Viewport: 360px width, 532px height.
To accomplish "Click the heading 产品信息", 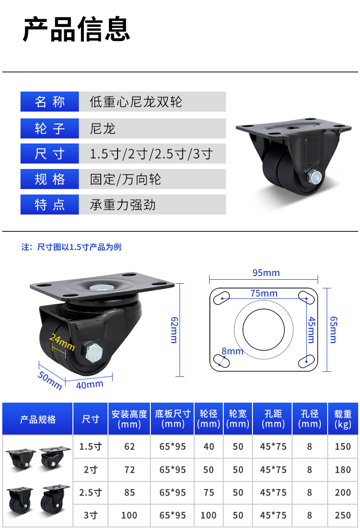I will (x=77, y=30).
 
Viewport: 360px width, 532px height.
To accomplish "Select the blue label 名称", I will (x=50, y=102).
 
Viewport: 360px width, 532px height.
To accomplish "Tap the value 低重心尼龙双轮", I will (x=136, y=102).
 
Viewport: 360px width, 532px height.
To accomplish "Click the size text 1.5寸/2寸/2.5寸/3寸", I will (x=151, y=154).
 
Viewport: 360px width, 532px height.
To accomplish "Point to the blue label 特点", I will (x=50, y=205).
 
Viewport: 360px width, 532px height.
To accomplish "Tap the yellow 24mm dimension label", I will (x=62, y=342).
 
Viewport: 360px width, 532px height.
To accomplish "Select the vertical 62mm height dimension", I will (x=174, y=330).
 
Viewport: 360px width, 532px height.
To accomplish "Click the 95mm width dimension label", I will (x=266, y=273).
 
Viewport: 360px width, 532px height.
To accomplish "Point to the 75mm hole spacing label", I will (x=264, y=293).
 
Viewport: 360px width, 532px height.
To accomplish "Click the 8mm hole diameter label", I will (x=232, y=351).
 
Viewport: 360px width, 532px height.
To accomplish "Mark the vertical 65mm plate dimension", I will (x=333, y=329).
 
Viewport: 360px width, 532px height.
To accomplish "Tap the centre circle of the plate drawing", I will (x=263, y=329).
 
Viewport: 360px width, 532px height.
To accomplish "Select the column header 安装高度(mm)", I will (x=129, y=419).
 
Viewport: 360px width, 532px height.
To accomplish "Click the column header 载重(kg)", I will (x=343, y=419).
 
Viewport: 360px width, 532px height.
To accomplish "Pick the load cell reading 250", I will (x=343, y=516).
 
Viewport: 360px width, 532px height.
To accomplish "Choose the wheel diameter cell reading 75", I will (x=209, y=492).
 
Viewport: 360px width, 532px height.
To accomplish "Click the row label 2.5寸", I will (x=90, y=492).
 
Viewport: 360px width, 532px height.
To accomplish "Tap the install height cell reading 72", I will (x=129, y=470).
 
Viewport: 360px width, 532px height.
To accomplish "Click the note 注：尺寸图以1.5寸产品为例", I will (x=72, y=247).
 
